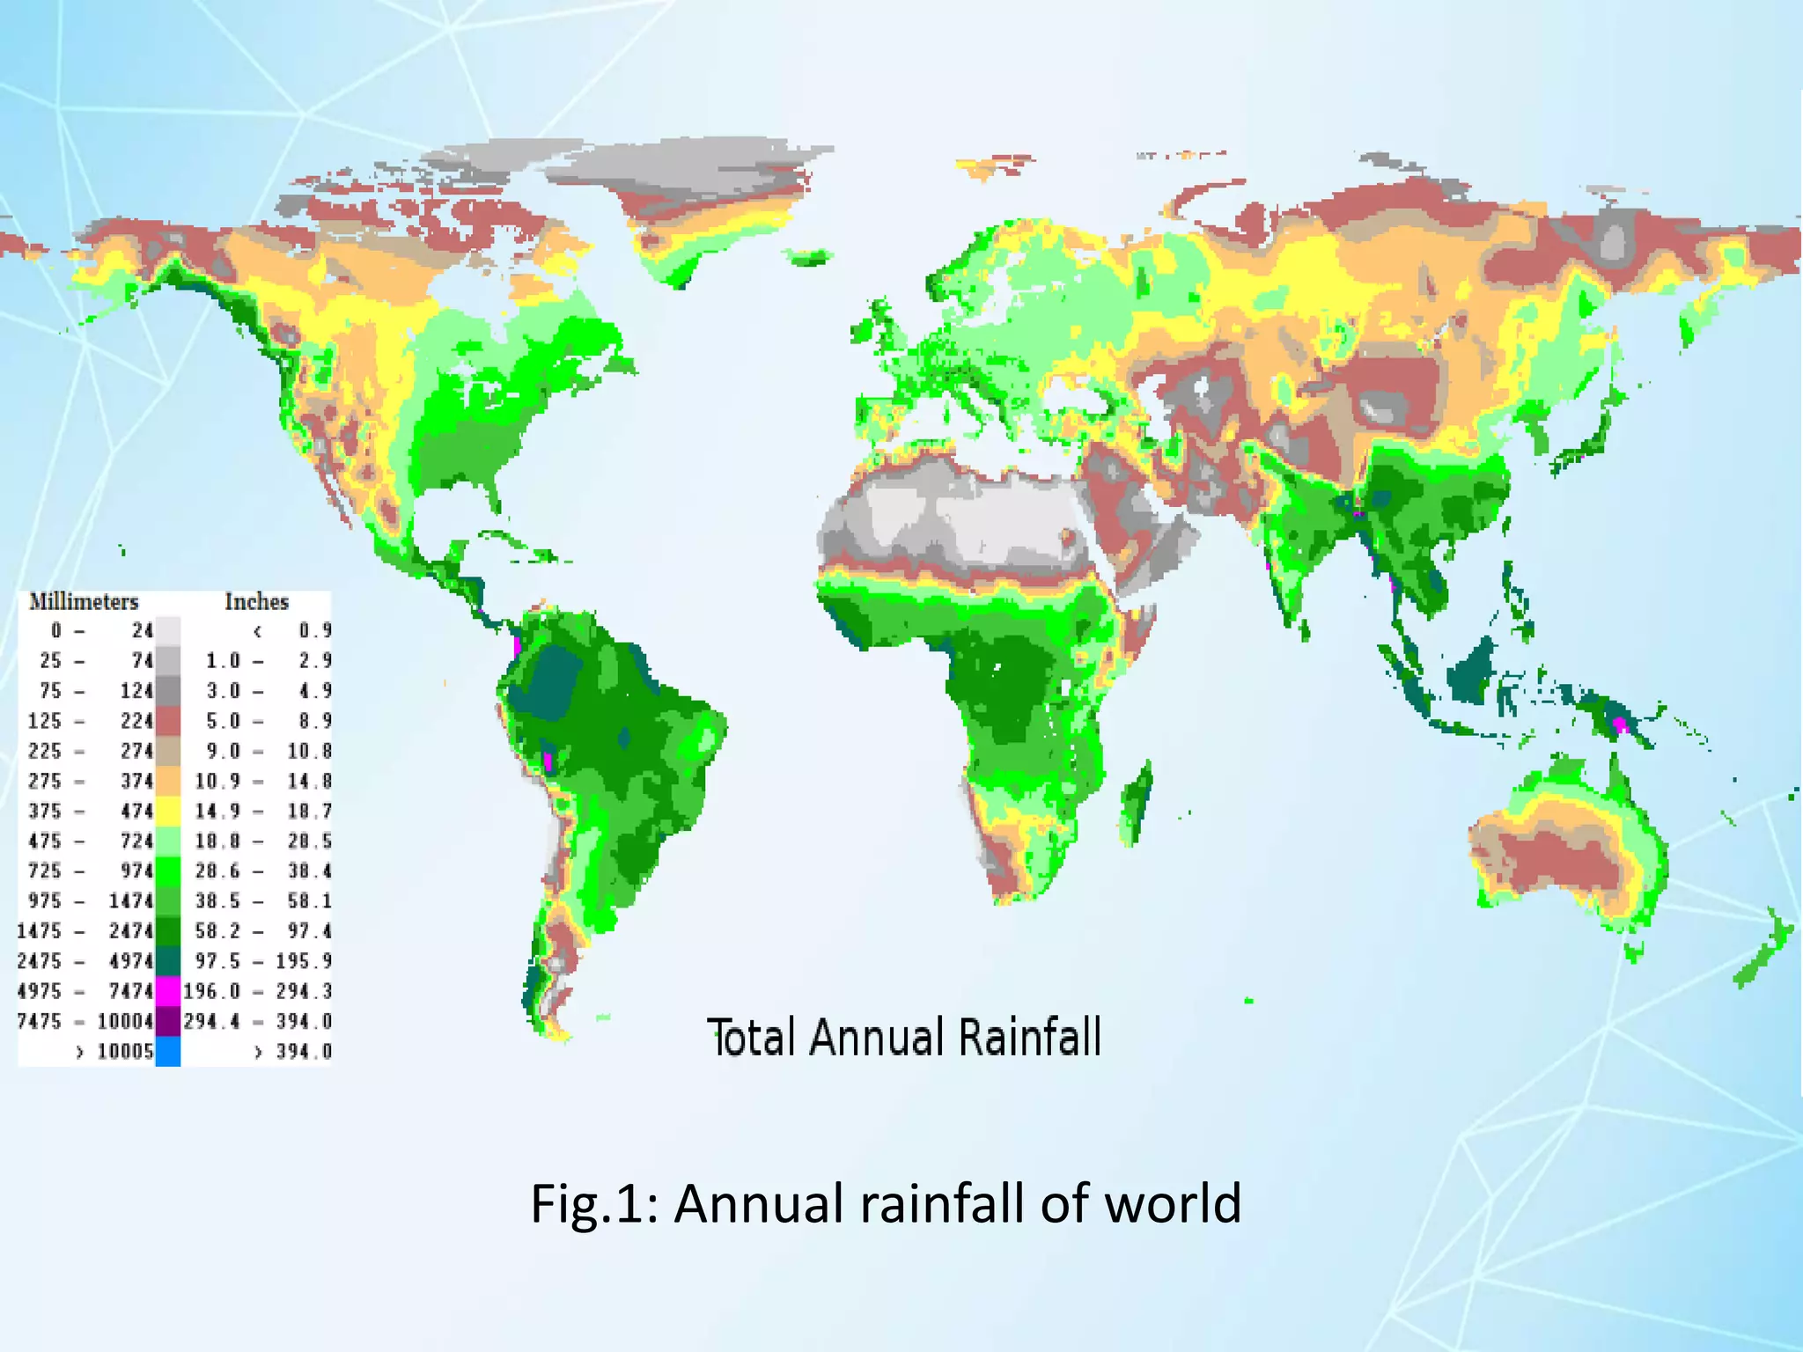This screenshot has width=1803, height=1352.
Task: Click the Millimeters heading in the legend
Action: coord(84,602)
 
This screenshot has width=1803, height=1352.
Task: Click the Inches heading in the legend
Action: coord(256,602)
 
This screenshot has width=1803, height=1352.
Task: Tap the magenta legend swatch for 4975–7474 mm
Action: coord(168,991)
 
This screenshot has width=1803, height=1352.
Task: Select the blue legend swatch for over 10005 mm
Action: coord(168,1051)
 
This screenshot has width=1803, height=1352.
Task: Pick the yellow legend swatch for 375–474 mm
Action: coord(168,811)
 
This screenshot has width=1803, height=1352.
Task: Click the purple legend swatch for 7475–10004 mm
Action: coord(168,1021)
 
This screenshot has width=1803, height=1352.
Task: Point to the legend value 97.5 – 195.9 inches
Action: coord(263,961)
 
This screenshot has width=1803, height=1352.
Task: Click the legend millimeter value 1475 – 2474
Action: coord(85,931)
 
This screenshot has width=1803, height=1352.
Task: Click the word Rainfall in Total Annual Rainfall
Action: coord(1029,1037)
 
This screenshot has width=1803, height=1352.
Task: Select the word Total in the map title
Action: coord(751,1037)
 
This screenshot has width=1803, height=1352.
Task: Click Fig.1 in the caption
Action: coord(594,1203)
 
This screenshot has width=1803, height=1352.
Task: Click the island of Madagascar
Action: coord(1137,803)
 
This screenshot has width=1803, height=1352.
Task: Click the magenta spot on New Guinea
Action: coord(1619,724)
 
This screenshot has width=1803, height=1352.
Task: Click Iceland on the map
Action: coord(811,258)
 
